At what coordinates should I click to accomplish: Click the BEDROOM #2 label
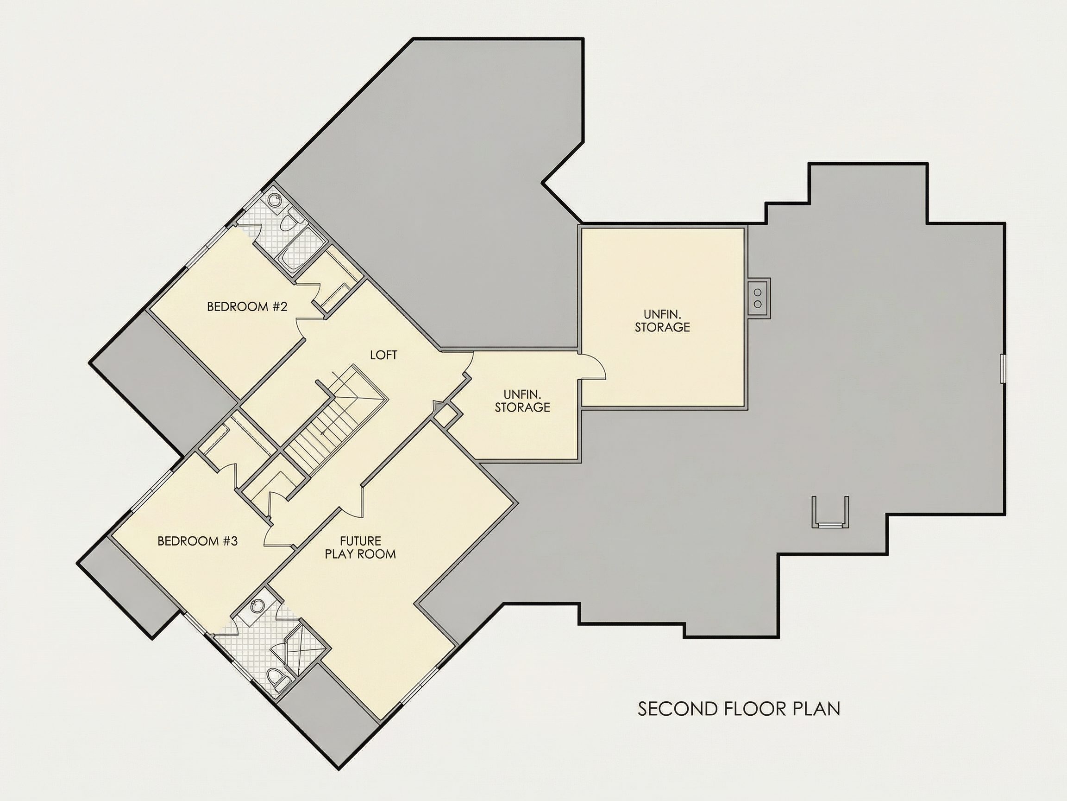point(247,306)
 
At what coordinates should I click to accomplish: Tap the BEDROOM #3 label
point(197,541)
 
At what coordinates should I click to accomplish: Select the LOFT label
point(383,356)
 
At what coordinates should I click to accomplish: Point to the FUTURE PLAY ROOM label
point(360,547)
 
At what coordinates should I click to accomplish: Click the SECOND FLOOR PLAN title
point(739,709)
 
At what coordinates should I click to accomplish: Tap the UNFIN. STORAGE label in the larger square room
point(662,321)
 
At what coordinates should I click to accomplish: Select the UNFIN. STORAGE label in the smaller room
point(522,401)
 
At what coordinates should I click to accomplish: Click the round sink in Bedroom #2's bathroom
point(275,201)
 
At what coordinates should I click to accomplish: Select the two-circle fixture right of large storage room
point(758,298)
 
